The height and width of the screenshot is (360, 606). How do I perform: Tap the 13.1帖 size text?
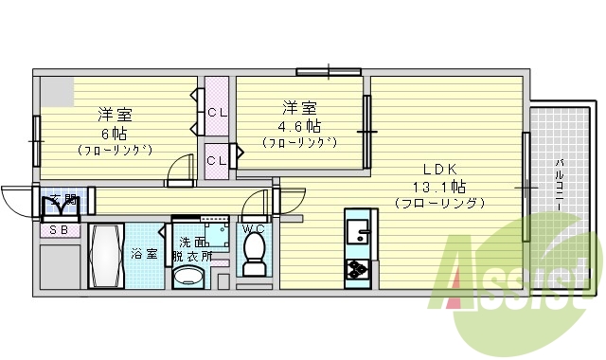(438, 185)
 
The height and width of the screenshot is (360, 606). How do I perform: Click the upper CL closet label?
(217, 113)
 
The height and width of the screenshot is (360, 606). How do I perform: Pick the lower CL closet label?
(217, 160)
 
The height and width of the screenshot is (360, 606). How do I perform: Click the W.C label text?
(253, 228)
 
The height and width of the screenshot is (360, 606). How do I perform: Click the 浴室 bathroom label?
(144, 253)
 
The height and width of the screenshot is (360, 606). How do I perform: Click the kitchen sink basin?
(359, 231)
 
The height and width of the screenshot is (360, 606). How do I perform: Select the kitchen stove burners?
(359, 268)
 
